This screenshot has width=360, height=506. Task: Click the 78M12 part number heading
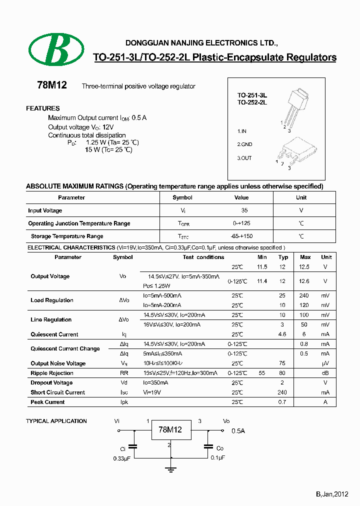52,85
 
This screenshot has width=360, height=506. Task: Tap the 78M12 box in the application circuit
170,430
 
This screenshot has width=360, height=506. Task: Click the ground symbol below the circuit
171,468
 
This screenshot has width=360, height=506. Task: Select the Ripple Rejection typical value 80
282,373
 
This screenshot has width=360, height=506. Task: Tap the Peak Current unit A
325,402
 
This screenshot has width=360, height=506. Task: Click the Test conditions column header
203,257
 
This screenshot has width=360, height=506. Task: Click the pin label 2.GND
244,144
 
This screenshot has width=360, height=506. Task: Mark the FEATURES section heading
42,108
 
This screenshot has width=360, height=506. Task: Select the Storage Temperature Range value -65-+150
242,236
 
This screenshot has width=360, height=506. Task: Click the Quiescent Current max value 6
305,334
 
